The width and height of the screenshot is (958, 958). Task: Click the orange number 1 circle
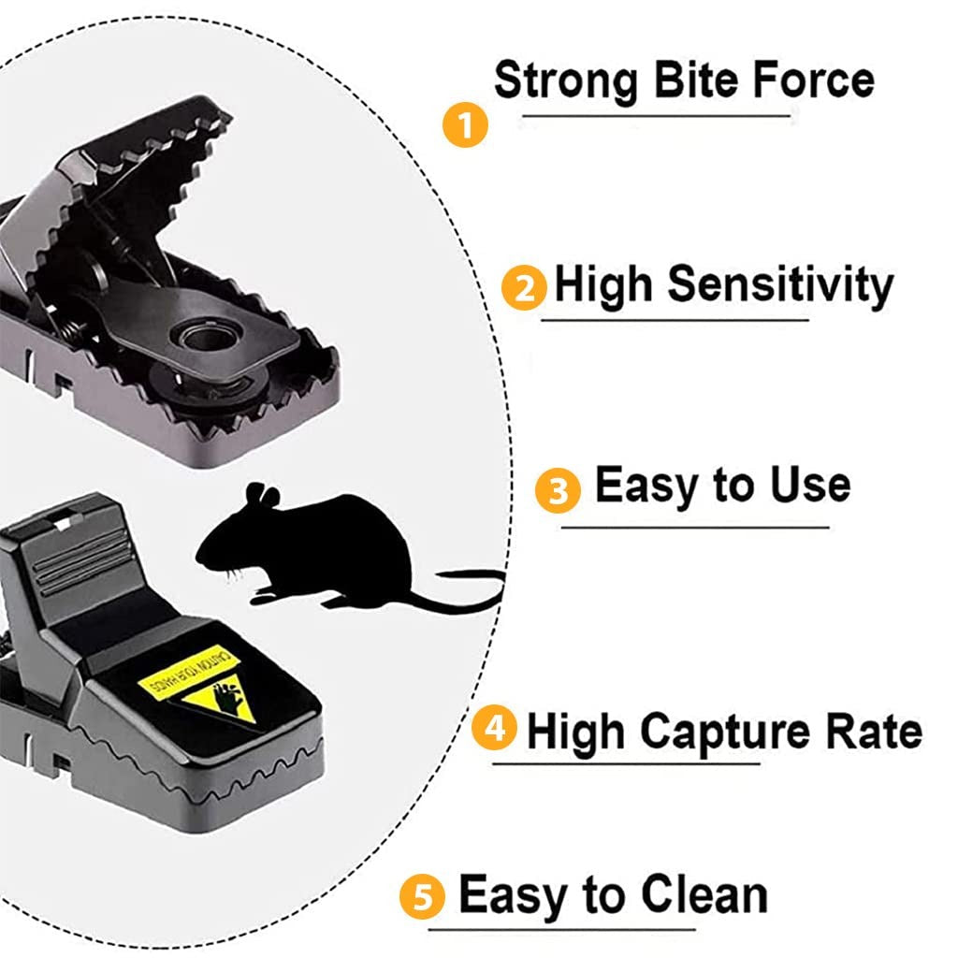[x=466, y=124]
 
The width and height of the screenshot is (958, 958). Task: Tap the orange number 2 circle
[x=525, y=288]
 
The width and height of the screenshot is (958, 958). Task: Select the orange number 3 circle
[x=559, y=490]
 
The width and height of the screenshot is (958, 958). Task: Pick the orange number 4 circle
[x=494, y=727]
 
